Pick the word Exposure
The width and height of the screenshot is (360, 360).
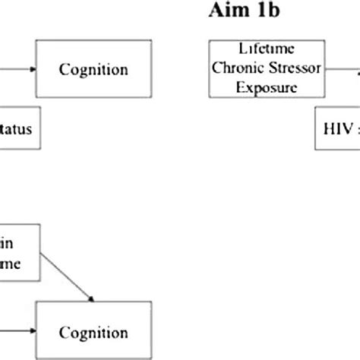click(x=267, y=85)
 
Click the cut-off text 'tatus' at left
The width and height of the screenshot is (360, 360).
click(x=17, y=130)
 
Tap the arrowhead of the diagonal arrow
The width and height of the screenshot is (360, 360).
click(x=91, y=298)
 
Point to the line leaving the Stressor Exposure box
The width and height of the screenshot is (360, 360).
click(x=354, y=70)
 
